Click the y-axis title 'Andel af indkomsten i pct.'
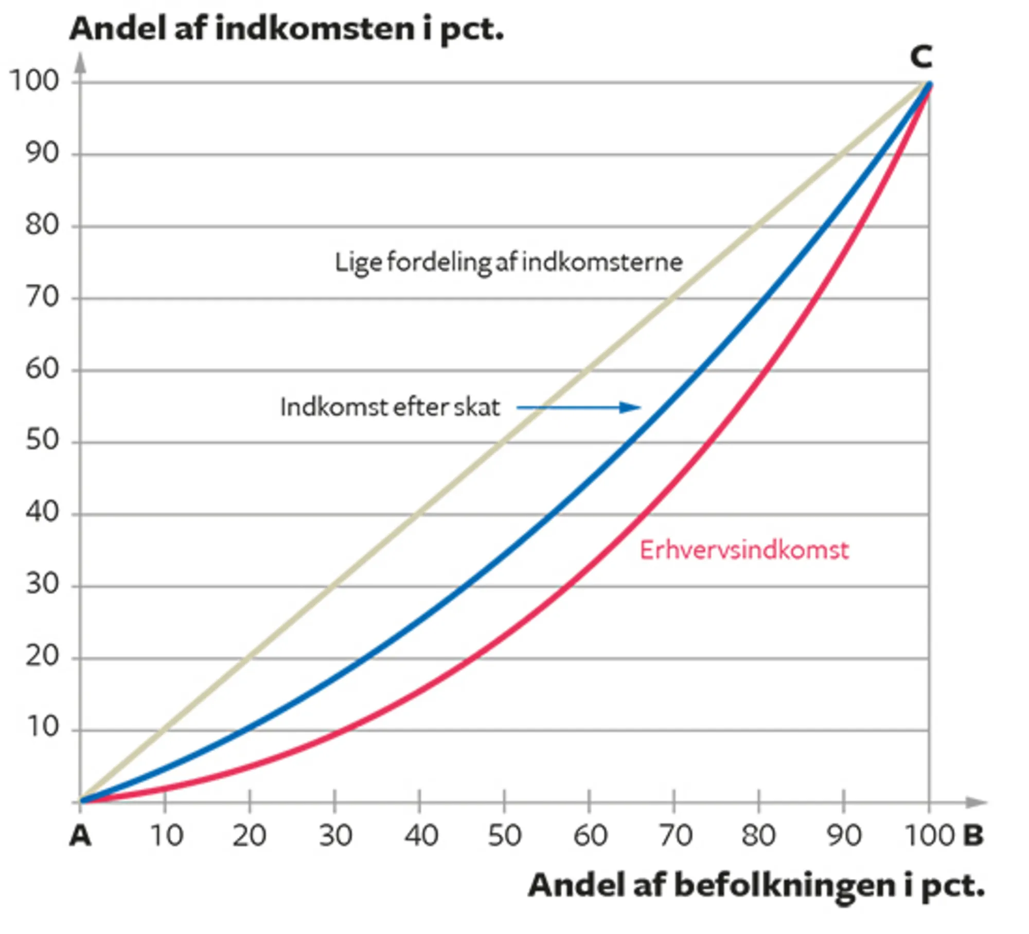[x=286, y=29]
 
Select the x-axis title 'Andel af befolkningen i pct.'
[x=756, y=886]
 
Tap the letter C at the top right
[x=921, y=57]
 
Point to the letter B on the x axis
[x=973, y=835]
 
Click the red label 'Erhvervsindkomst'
[x=744, y=550]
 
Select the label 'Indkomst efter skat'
[x=390, y=408]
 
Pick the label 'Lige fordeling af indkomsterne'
[x=508, y=262]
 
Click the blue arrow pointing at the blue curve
[x=579, y=408]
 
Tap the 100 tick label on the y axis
[x=34, y=81]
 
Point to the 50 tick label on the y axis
[x=42, y=440]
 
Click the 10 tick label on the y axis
[x=42, y=727]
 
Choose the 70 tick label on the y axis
[x=42, y=297]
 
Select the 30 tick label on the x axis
[x=335, y=836]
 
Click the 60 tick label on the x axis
[x=590, y=836]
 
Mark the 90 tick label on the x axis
[x=844, y=836]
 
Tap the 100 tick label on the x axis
[x=929, y=836]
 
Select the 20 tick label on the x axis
[x=249, y=836]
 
